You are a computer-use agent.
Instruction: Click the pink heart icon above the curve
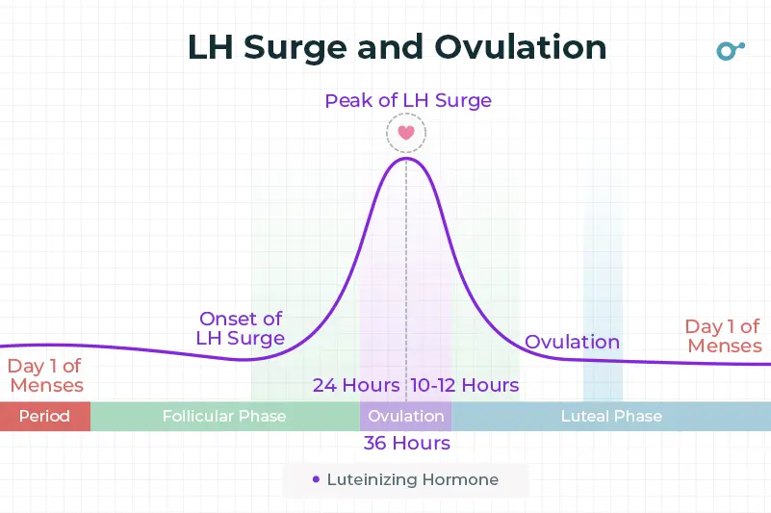click(x=405, y=133)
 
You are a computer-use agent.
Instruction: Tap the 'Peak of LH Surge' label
click(x=408, y=100)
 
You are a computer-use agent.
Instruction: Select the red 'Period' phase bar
click(x=44, y=416)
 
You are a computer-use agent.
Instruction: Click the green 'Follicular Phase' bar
click(x=224, y=416)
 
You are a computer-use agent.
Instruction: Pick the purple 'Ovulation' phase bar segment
click(x=406, y=416)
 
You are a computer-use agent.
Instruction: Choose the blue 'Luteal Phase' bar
click(x=611, y=416)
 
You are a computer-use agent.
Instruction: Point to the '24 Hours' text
click(x=356, y=385)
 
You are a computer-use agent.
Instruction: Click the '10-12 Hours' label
click(x=465, y=385)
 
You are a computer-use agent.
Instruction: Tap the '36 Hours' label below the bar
click(x=406, y=443)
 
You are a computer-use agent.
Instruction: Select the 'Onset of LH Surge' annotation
click(x=241, y=328)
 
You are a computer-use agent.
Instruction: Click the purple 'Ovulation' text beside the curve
click(x=572, y=342)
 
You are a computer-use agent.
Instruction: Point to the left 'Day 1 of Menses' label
click(x=45, y=375)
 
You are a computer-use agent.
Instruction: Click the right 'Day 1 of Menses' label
click(x=724, y=336)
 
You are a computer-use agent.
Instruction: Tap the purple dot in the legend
click(x=316, y=479)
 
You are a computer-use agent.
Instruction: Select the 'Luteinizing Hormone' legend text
click(x=413, y=479)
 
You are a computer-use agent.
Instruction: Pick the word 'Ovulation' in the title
click(x=520, y=48)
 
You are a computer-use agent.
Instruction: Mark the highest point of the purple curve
click(x=405, y=158)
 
